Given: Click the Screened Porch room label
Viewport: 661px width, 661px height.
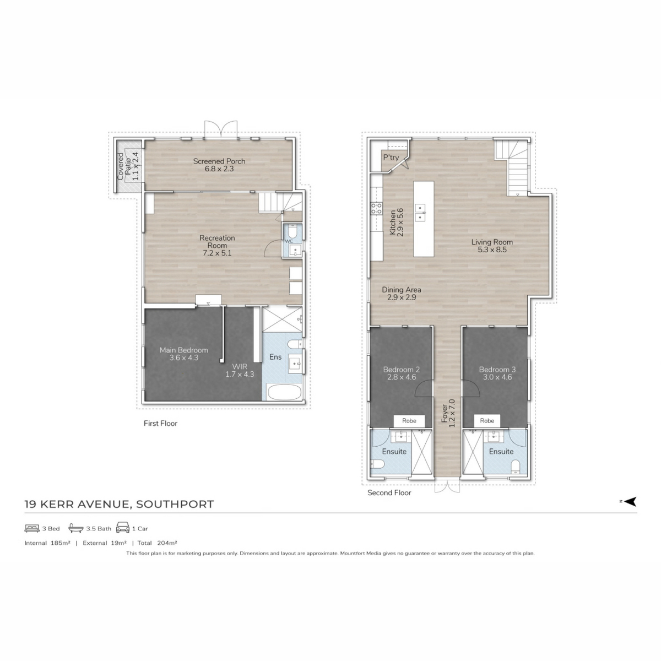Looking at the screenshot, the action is [219, 165].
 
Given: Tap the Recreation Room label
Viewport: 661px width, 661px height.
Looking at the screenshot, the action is [217, 245].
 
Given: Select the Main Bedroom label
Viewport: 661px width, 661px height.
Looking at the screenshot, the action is [184, 354].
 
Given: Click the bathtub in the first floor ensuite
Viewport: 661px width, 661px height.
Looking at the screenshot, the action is [284, 392].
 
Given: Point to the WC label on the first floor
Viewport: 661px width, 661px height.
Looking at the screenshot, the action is [289, 241].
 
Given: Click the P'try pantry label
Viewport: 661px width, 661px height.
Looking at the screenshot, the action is [391, 158].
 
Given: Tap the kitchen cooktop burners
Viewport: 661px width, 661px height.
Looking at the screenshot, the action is [376, 209].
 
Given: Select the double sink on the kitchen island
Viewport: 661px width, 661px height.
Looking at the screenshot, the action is [420, 213].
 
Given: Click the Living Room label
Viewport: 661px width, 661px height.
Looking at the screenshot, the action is [492, 246].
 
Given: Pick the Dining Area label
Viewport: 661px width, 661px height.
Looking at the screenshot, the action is [402, 293].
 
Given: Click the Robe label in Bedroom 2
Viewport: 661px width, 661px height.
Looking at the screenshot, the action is [409, 420].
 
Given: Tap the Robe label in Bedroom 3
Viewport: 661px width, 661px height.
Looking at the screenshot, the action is [487, 420].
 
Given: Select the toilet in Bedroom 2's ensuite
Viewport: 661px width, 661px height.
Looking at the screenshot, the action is [377, 464].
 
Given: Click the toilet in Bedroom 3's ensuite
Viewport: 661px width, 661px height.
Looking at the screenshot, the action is [515, 467].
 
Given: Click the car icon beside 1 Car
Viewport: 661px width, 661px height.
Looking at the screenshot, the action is [123, 528].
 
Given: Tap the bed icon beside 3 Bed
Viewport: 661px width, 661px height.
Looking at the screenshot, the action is [32, 529].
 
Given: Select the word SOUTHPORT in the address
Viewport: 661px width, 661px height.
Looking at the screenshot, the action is [175, 504].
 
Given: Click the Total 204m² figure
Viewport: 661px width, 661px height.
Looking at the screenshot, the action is [157, 543].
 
